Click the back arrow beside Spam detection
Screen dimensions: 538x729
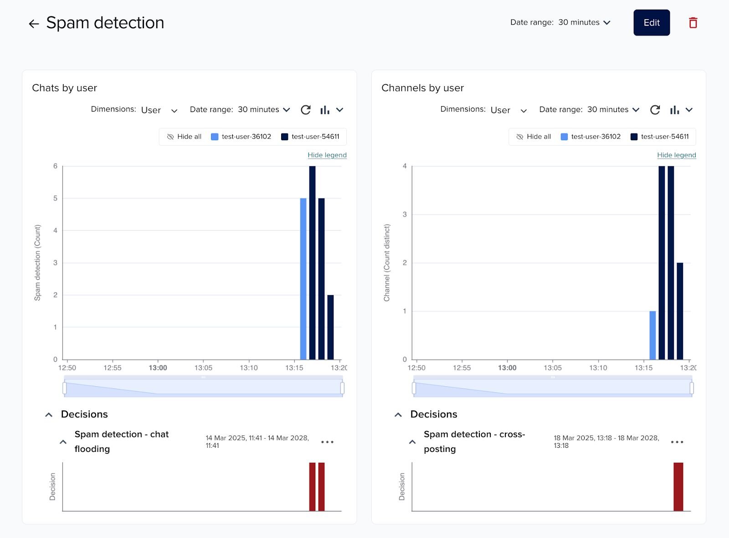(34, 24)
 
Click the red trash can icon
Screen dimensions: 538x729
(693, 23)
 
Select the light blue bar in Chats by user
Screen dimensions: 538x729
(303, 278)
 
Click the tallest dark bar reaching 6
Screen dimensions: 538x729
(312, 262)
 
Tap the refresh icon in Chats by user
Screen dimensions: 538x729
(306, 110)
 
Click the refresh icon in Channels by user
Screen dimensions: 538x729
(655, 110)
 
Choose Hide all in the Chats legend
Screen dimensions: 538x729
(185, 137)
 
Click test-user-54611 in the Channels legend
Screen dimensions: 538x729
(660, 137)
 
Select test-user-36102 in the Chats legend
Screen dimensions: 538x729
(241, 137)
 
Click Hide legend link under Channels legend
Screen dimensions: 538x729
(676, 155)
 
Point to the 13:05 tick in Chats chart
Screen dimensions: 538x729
(203, 368)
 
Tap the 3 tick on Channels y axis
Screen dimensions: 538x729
(405, 215)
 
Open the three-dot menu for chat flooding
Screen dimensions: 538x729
(327, 442)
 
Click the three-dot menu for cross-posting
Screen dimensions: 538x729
(677, 442)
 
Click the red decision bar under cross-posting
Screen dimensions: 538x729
(678, 487)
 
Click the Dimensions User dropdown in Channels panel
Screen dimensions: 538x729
(508, 110)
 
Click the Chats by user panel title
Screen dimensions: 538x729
(65, 88)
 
